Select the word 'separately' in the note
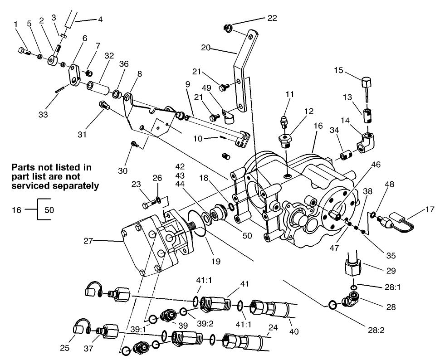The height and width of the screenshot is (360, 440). coord(77,185)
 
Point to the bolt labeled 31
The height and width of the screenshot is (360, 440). coord(104,106)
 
